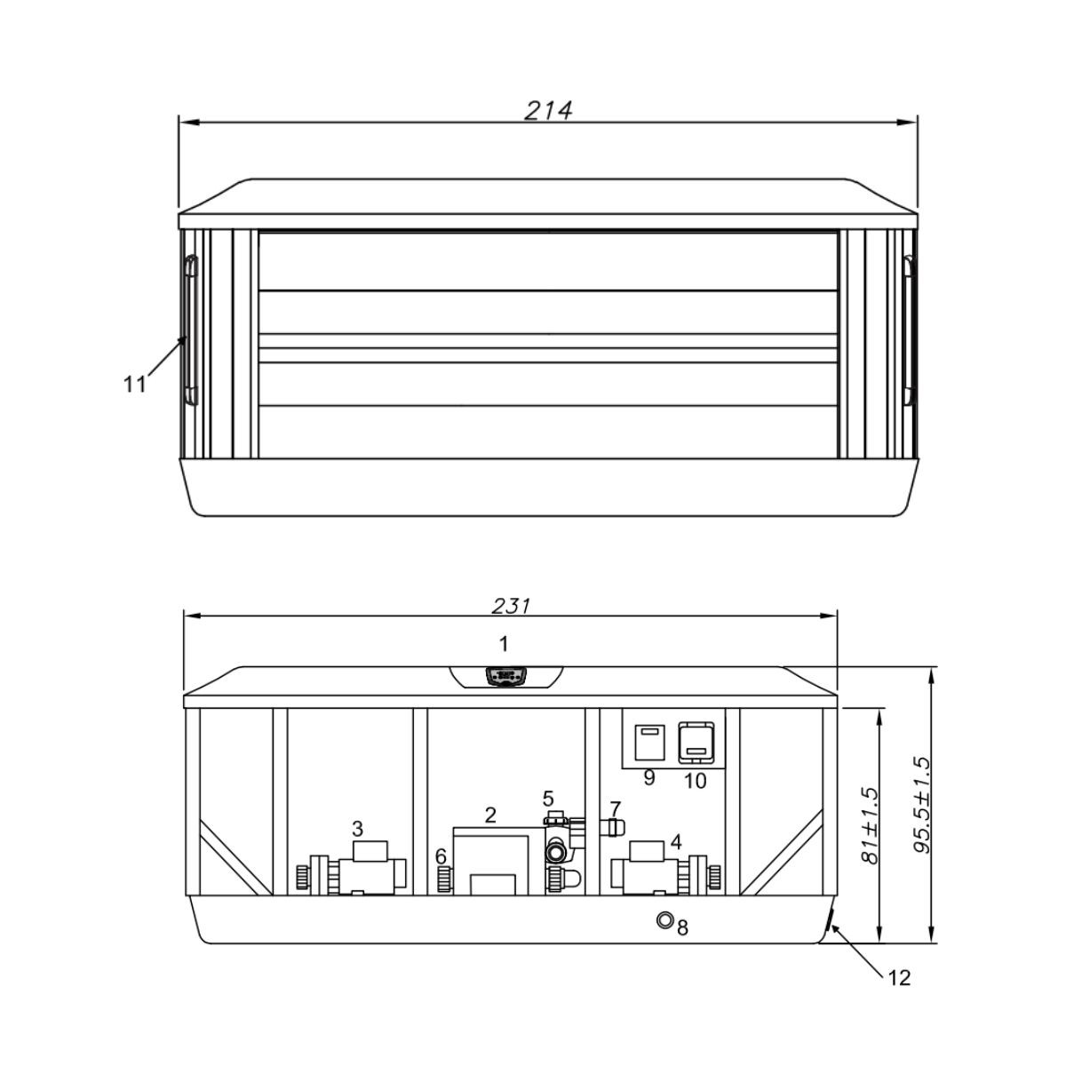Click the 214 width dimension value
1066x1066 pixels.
pos(548,111)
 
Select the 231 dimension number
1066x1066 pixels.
pos(511,607)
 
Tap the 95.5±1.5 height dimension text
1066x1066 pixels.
pos(922,806)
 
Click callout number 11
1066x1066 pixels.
pos(134,384)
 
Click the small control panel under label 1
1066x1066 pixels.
pos(504,677)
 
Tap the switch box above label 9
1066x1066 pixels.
pos(645,742)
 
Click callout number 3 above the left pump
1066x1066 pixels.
pos(357,828)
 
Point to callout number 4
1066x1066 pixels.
pos(675,842)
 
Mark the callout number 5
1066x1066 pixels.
pos(548,799)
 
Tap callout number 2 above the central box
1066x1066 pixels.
pos(490,815)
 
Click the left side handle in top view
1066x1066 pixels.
pos(191,330)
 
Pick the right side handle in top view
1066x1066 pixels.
pos(908,330)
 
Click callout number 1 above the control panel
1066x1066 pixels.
pos(503,643)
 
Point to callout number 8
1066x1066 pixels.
pos(682,927)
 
